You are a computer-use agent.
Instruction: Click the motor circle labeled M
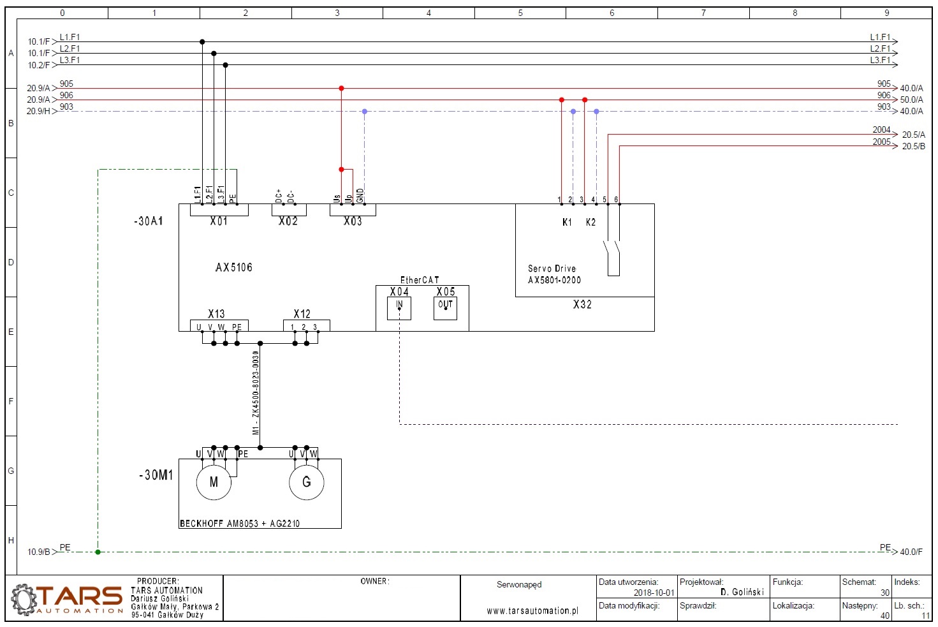pos(214,482)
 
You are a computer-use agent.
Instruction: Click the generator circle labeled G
pos(307,482)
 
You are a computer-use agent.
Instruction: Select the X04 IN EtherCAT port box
pos(399,308)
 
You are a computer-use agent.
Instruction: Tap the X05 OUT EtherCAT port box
pos(445,308)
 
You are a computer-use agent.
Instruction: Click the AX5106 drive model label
pos(234,268)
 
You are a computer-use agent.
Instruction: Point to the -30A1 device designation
pos(149,221)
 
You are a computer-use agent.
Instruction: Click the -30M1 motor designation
pos(156,475)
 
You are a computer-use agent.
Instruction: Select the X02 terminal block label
pos(288,221)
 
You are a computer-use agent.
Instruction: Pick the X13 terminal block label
pos(216,314)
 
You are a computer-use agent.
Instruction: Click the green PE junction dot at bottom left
pos(98,552)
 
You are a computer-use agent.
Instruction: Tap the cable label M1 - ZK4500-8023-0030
pos(256,393)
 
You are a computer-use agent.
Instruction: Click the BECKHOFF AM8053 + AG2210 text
pos(240,524)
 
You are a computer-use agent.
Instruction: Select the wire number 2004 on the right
pos(881,130)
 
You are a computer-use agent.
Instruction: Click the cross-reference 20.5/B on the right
pos(913,147)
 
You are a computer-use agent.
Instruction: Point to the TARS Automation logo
pos(67,598)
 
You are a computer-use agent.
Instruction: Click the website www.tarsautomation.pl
pos(532,611)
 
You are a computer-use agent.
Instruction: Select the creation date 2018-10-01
pos(654,593)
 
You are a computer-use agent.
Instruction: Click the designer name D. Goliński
pos(742,593)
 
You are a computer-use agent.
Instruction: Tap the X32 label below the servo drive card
pos(582,305)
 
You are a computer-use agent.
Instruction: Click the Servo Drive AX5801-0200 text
pos(554,274)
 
